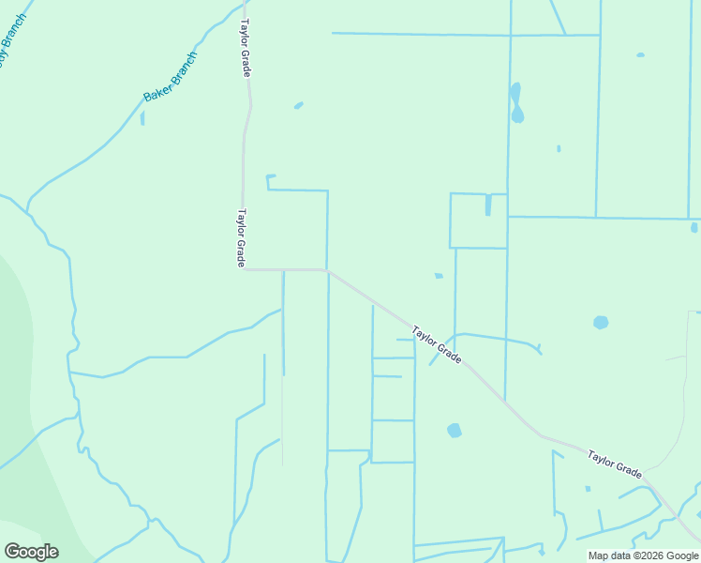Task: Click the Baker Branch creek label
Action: (171, 77)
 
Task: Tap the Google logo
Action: (31, 552)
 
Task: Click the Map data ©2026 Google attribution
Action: (644, 555)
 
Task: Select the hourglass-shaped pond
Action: (515, 104)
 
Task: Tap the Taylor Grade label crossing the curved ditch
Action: (437, 344)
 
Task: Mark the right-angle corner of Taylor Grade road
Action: (243, 269)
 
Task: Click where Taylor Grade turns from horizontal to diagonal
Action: (327, 270)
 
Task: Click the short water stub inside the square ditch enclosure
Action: (488, 205)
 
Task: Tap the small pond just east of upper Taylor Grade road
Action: (298, 105)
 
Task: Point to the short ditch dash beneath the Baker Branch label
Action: (142, 118)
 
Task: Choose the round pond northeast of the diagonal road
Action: (601, 322)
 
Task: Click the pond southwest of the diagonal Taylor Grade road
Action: (455, 430)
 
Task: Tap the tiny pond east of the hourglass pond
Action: (559, 148)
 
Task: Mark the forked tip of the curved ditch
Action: (538, 349)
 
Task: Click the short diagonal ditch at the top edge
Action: (558, 17)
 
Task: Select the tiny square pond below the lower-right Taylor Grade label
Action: (588, 488)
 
